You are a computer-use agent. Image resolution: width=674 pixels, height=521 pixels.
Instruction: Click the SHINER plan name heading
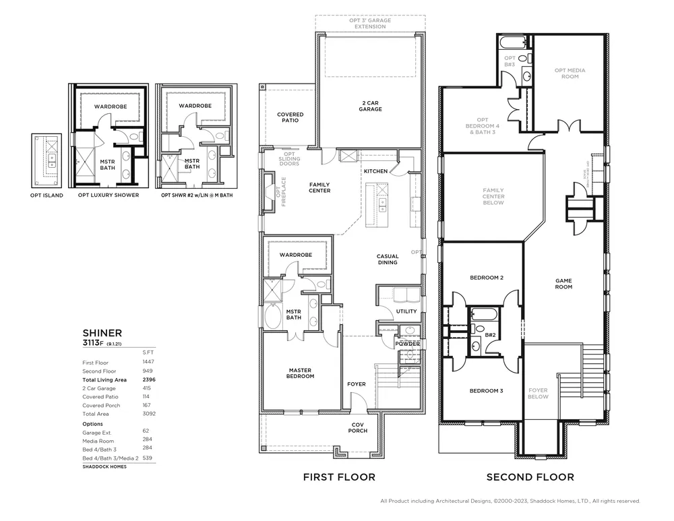pyautogui.click(x=102, y=332)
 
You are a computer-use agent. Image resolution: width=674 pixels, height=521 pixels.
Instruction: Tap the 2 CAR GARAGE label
pyautogui.click(x=370, y=106)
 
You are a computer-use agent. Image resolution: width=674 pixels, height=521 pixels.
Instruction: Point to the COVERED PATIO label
pyautogui.click(x=290, y=117)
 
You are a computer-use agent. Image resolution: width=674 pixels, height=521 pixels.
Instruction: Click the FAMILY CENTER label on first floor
pyautogui.click(x=319, y=187)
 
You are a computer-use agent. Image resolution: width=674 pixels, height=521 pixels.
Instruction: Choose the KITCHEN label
pyautogui.click(x=375, y=171)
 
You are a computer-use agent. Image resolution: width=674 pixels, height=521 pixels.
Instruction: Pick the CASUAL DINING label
pyautogui.click(x=388, y=259)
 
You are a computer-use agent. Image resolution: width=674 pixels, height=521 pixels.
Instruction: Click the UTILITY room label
pyautogui.click(x=406, y=311)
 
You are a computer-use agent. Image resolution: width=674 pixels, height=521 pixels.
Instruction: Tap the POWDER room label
pyautogui.click(x=408, y=344)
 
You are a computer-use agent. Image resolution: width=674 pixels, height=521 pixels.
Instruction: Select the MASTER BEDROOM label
pyautogui.click(x=301, y=373)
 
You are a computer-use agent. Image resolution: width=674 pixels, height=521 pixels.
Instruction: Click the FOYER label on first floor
pyautogui.click(x=357, y=384)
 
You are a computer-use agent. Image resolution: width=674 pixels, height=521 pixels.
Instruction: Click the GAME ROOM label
pyautogui.click(x=563, y=284)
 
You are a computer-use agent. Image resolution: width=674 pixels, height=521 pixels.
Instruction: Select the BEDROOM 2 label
pyautogui.click(x=487, y=278)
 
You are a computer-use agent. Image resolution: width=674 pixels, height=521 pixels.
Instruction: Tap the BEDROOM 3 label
pyautogui.click(x=487, y=391)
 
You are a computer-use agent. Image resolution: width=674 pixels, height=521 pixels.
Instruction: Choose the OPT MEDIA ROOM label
pyautogui.click(x=570, y=73)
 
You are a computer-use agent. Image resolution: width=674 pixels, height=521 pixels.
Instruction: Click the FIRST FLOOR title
pyautogui.click(x=339, y=477)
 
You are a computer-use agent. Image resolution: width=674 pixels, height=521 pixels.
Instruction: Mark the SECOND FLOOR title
pyautogui.click(x=530, y=477)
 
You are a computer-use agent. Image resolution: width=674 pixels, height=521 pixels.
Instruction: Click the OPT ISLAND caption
pyautogui.click(x=48, y=195)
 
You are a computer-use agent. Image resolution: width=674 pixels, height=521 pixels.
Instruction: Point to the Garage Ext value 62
pyautogui.click(x=146, y=430)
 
